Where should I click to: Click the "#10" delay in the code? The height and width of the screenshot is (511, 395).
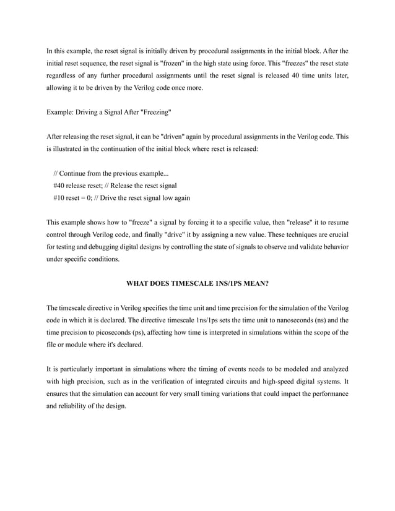click(x=61, y=198)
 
